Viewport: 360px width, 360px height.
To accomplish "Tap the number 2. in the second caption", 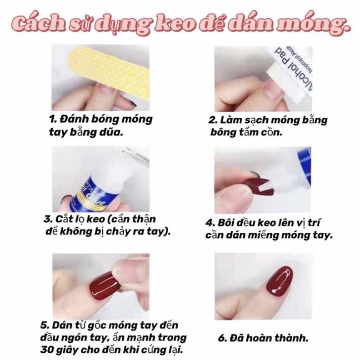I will coord(211,121).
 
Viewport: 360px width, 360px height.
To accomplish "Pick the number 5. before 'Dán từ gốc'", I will coord(44,325).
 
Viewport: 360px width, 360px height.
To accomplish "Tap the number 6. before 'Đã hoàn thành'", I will coord(221,338).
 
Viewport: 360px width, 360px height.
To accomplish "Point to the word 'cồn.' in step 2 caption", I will coord(272,133).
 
